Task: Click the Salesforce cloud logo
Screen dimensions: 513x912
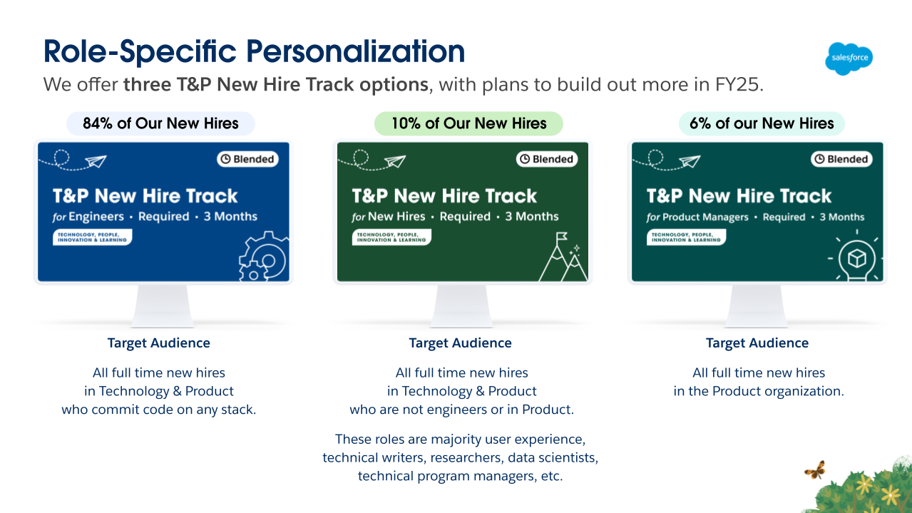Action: pyautogui.click(x=849, y=59)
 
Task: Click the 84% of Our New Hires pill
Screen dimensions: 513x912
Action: pyautogui.click(x=160, y=123)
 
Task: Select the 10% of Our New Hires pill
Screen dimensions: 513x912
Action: pyautogui.click(x=468, y=123)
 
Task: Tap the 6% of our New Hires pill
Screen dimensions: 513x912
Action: pyautogui.click(x=762, y=123)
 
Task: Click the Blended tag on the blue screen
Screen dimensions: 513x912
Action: pyautogui.click(x=247, y=159)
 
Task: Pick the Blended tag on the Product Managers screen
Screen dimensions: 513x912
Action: pyautogui.click(x=841, y=159)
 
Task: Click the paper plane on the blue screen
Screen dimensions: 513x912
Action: pyautogui.click(x=96, y=161)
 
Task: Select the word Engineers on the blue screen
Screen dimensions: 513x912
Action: pyautogui.click(x=96, y=217)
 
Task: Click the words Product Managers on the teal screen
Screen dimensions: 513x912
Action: pyautogui.click(x=709, y=217)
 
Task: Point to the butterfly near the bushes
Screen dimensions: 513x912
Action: pyautogui.click(x=814, y=470)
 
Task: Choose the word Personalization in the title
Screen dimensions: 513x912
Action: pyautogui.click(x=356, y=52)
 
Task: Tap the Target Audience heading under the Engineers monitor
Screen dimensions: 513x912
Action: pyautogui.click(x=159, y=343)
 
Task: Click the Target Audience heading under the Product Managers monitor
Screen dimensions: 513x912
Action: pyautogui.click(x=757, y=343)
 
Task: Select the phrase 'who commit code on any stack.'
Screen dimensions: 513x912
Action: pyautogui.click(x=159, y=410)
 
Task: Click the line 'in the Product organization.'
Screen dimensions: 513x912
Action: pyautogui.click(x=759, y=391)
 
